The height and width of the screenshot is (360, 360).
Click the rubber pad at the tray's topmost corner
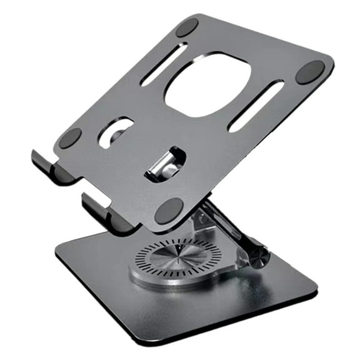point(186,27)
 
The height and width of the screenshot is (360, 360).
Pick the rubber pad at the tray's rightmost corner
point(310,72)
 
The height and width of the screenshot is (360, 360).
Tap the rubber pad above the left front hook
point(70,138)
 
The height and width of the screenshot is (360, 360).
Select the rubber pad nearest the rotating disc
point(169,211)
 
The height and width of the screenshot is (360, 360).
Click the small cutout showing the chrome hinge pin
point(165,164)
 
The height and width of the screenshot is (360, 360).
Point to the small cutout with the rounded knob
point(116,132)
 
